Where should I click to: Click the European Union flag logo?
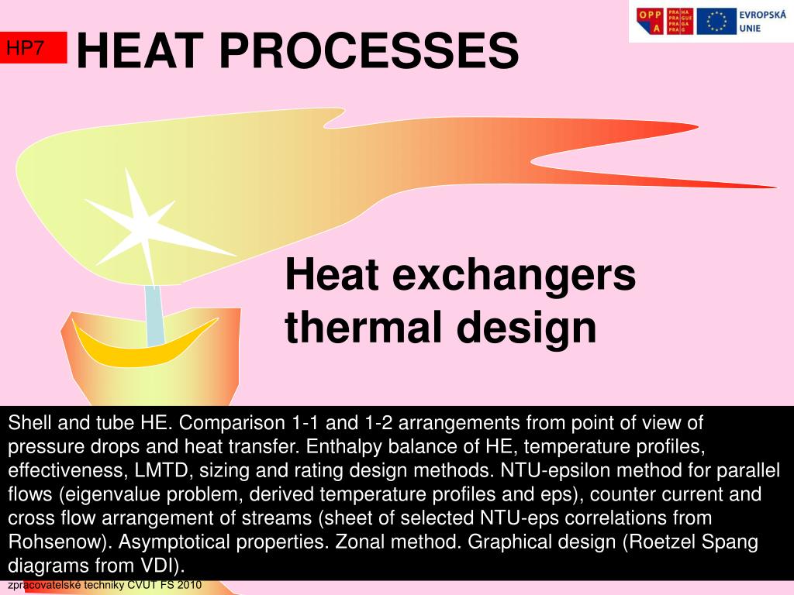[x=716, y=21]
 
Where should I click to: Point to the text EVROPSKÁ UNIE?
[x=761, y=21]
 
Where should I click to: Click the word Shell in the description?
[x=27, y=423]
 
